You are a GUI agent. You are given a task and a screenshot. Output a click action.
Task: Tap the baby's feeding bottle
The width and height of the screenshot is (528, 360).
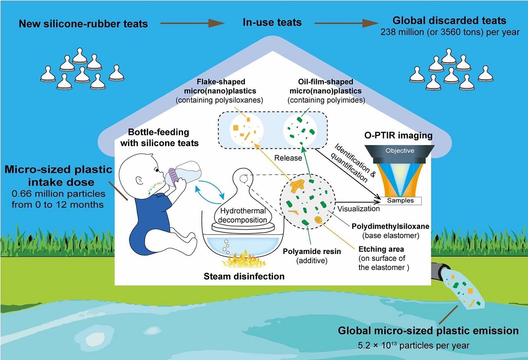pos(183,173)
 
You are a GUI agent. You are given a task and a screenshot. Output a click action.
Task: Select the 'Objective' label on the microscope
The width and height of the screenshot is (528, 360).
pos(399,151)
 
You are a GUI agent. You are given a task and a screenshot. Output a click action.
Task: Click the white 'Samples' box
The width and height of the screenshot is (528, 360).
pos(400,201)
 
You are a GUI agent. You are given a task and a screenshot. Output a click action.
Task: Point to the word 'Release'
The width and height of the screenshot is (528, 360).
pos(288,158)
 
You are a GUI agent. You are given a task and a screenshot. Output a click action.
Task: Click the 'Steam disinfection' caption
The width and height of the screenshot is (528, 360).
pos(244,277)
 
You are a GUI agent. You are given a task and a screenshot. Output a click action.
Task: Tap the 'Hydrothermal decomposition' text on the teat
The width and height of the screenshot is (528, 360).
pos(243,215)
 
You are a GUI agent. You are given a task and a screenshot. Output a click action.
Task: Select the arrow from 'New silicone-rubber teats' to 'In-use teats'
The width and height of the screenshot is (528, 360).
pos(192,23)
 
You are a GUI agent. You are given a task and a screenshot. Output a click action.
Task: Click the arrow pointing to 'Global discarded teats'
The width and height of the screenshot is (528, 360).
pos(346,23)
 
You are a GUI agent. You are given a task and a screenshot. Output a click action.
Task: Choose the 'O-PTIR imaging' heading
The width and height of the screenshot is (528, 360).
pos(398,135)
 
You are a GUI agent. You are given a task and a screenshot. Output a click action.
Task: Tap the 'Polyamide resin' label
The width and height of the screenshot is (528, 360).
pos(312,251)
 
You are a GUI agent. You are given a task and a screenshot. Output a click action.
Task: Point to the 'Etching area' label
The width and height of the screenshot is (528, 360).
pos(381,249)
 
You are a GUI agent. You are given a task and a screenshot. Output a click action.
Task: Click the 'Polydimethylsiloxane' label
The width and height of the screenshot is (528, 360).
pos(391,226)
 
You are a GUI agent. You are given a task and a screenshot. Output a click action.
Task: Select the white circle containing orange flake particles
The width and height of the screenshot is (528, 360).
pos(246,129)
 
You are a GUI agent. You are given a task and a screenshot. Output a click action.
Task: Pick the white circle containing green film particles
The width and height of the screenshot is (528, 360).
pos(300,129)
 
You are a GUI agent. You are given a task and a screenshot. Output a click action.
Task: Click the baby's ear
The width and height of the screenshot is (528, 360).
pos(139,180)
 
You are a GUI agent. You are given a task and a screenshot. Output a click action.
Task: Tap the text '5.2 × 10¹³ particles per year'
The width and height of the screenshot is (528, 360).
pos(413,345)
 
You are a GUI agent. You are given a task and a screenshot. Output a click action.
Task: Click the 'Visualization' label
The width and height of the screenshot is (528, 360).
pos(359,209)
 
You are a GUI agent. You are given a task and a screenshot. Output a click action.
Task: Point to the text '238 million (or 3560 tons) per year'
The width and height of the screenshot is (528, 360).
pos(450,32)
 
